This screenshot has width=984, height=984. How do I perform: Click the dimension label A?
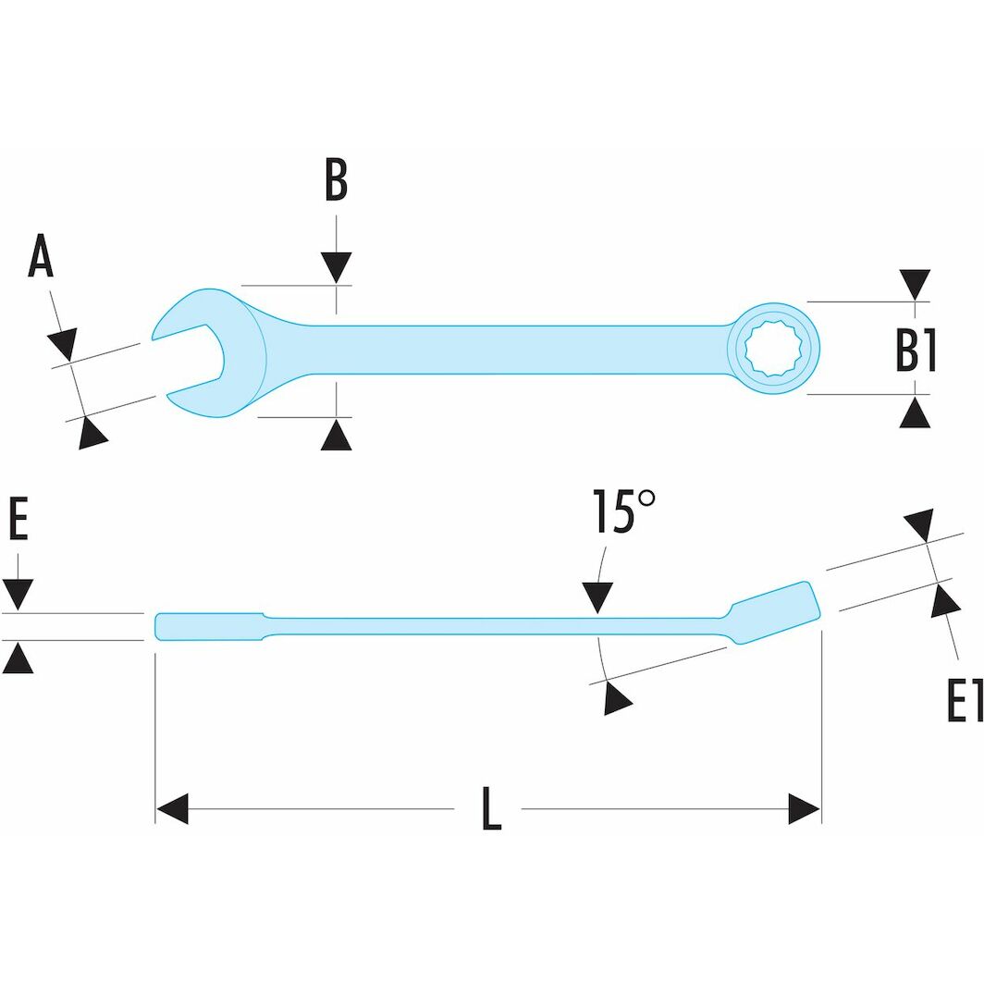(41, 257)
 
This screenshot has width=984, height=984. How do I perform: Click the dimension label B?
(336, 181)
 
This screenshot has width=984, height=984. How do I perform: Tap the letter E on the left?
(18, 521)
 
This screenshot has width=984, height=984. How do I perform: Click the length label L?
(491, 809)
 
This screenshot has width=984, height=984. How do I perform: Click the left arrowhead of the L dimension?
(172, 808)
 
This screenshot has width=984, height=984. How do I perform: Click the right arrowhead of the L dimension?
(804, 808)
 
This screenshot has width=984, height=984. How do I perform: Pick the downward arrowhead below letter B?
(336, 266)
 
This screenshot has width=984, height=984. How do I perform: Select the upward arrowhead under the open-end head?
(336, 434)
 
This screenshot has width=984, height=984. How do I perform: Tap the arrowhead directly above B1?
(916, 283)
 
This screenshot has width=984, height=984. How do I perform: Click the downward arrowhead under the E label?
(18, 593)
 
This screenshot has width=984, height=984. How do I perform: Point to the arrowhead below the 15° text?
(597, 597)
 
